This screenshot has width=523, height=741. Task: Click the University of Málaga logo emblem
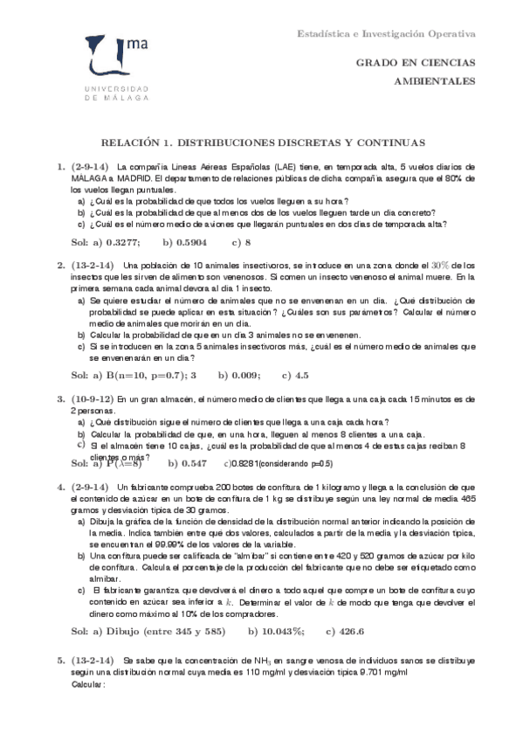(x=110, y=59)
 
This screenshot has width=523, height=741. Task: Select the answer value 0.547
(x=192, y=463)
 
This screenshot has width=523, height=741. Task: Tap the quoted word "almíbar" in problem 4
(x=263, y=555)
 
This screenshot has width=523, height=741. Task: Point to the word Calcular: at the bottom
(x=87, y=684)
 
